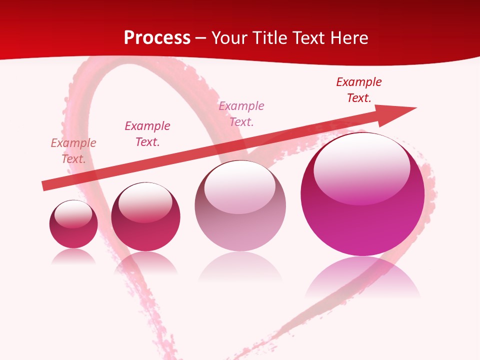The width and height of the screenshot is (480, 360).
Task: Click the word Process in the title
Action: click(x=157, y=38)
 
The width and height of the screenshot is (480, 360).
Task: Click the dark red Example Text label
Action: click(x=359, y=90)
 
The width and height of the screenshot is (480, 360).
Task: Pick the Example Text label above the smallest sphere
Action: click(x=73, y=151)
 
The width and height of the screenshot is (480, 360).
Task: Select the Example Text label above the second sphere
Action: click(x=147, y=134)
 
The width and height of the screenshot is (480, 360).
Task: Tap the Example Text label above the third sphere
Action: click(x=241, y=114)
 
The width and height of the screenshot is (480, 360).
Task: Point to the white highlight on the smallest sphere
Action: click(x=73, y=214)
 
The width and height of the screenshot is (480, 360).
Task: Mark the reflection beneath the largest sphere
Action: click(x=362, y=277)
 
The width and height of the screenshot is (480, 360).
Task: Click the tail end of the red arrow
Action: click(x=46, y=186)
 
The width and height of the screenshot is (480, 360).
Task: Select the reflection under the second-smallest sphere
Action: click(x=145, y=262)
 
